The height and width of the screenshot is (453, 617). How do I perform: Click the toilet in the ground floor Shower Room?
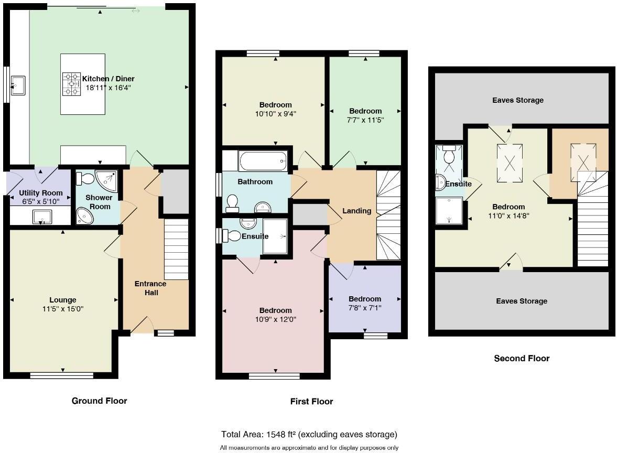point(84,179)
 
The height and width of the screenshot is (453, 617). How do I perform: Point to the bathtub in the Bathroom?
point(262,160)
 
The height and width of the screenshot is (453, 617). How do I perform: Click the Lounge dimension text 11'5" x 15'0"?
point(62,309)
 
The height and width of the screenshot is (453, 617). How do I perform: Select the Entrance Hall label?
point(151,288)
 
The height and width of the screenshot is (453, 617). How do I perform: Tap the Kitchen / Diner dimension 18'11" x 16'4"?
point(109,88)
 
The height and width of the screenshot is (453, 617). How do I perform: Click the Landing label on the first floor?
point(356,211)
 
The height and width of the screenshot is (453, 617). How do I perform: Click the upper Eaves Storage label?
point(518,100)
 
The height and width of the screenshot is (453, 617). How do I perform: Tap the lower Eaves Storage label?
point(522,301)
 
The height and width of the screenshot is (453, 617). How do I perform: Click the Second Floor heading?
point(522,359)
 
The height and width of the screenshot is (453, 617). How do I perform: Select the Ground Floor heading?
point(99,401)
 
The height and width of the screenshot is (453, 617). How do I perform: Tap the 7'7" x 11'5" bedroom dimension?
point(365,120)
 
